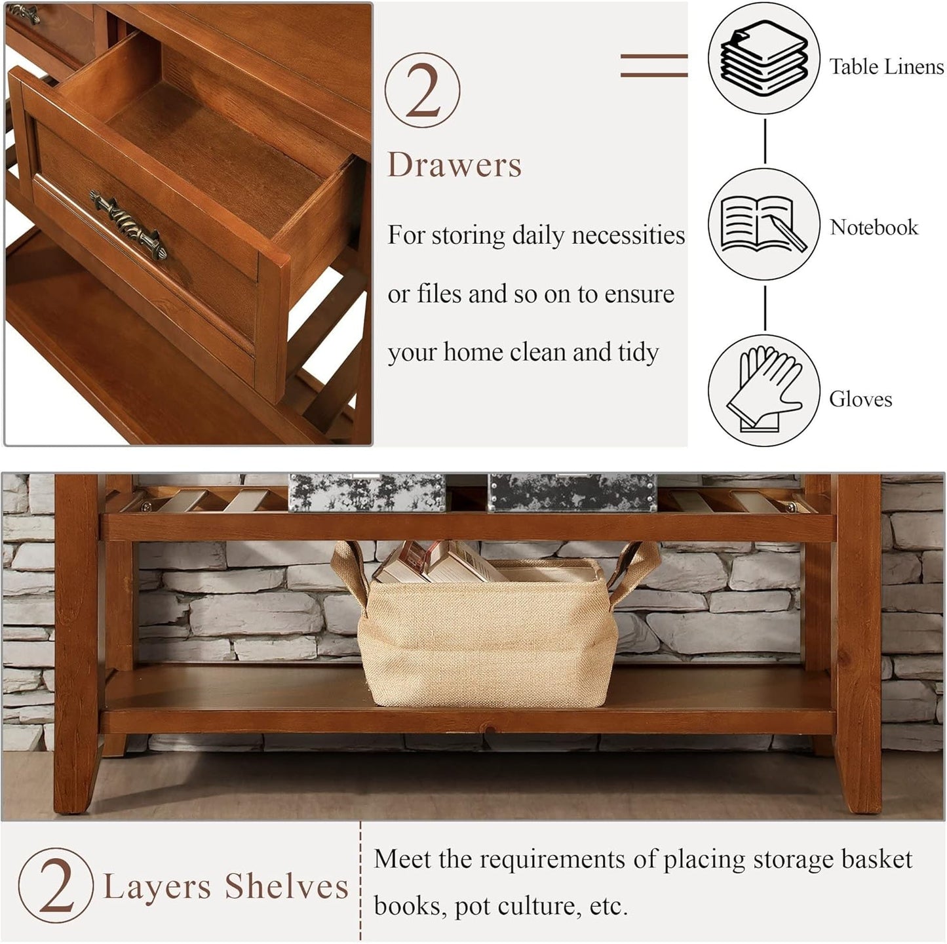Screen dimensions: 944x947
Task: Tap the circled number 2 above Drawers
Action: point(422,90)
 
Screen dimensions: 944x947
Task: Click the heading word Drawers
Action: point(454,165)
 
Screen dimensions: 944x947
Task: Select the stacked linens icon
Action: point(764,58)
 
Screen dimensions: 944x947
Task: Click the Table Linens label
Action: point(886,66)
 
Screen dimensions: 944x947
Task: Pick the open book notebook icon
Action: point(763,224)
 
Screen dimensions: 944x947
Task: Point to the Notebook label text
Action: point(874,227)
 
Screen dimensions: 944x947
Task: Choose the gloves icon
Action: point(763,391)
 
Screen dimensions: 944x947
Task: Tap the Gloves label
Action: point(860,399)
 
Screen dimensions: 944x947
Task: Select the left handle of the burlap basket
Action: point(349,570)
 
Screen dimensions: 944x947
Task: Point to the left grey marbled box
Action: point(366,492)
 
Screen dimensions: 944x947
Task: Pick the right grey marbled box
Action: point(571,492)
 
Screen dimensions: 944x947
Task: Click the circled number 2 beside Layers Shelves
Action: point(56,885)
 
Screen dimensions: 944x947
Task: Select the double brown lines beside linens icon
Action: point(653,66)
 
